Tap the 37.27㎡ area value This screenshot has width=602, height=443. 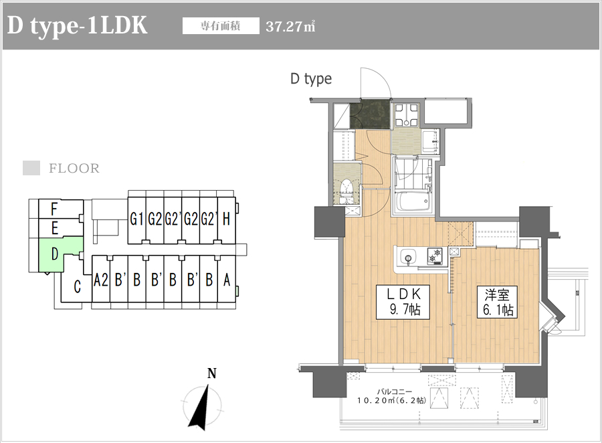point(290,27)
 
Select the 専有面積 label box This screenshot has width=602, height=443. point(221,27)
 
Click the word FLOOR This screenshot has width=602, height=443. point(74,169)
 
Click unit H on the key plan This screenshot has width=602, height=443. point(226,219)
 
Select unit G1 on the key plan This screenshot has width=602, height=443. point(137,219)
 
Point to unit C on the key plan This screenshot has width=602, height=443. point(77,288)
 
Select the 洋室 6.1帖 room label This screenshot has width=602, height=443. point(495,302)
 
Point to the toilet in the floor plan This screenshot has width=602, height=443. point(346,190)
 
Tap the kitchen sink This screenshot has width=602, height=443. point(408,256)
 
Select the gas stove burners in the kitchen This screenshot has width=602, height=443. point(435,256)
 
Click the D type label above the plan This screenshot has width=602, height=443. point(310,79)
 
